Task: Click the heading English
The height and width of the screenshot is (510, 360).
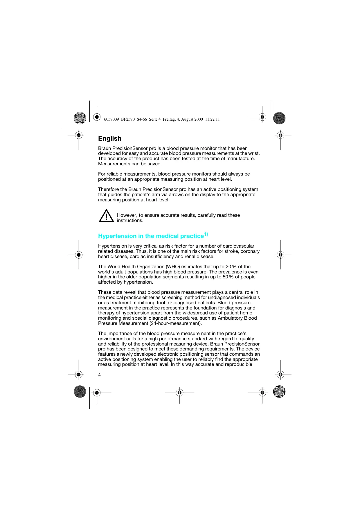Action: click(x=109, y=139)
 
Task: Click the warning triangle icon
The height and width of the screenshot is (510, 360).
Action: click(x=106, y=216)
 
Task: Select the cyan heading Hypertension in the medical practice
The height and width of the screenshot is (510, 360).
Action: click(x=151, y=236)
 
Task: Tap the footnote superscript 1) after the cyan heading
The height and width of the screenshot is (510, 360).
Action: click(x=206, y=234)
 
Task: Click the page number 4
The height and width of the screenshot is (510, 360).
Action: click(x=99, y=375)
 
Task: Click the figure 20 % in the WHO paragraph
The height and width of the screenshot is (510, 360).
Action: click(x=231, y=267)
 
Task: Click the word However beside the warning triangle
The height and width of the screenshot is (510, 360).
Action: click(x=127, y=215)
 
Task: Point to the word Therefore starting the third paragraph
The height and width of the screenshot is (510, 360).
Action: click(x=109, y=189)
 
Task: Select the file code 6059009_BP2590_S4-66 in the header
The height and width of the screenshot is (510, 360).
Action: click(x=125, y=119)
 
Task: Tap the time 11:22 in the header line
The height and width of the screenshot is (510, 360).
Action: click(x=210, y=119)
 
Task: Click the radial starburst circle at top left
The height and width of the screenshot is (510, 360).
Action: click(x=80, y=118)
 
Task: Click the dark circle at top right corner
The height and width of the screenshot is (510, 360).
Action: click(x=279, y=118)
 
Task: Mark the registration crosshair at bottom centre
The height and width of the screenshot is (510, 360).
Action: click(x=179, y=393)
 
